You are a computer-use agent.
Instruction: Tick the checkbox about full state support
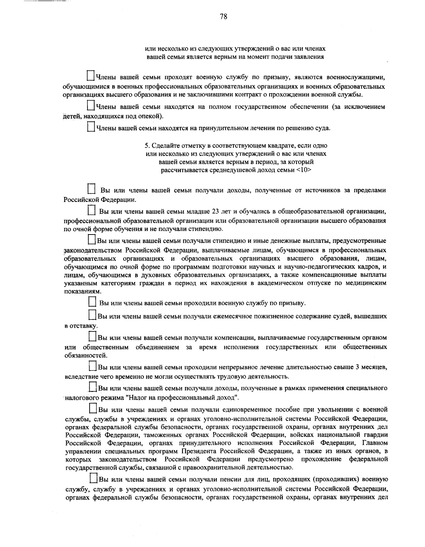[91, 106]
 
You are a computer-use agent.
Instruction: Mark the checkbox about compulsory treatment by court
[91, 126]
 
